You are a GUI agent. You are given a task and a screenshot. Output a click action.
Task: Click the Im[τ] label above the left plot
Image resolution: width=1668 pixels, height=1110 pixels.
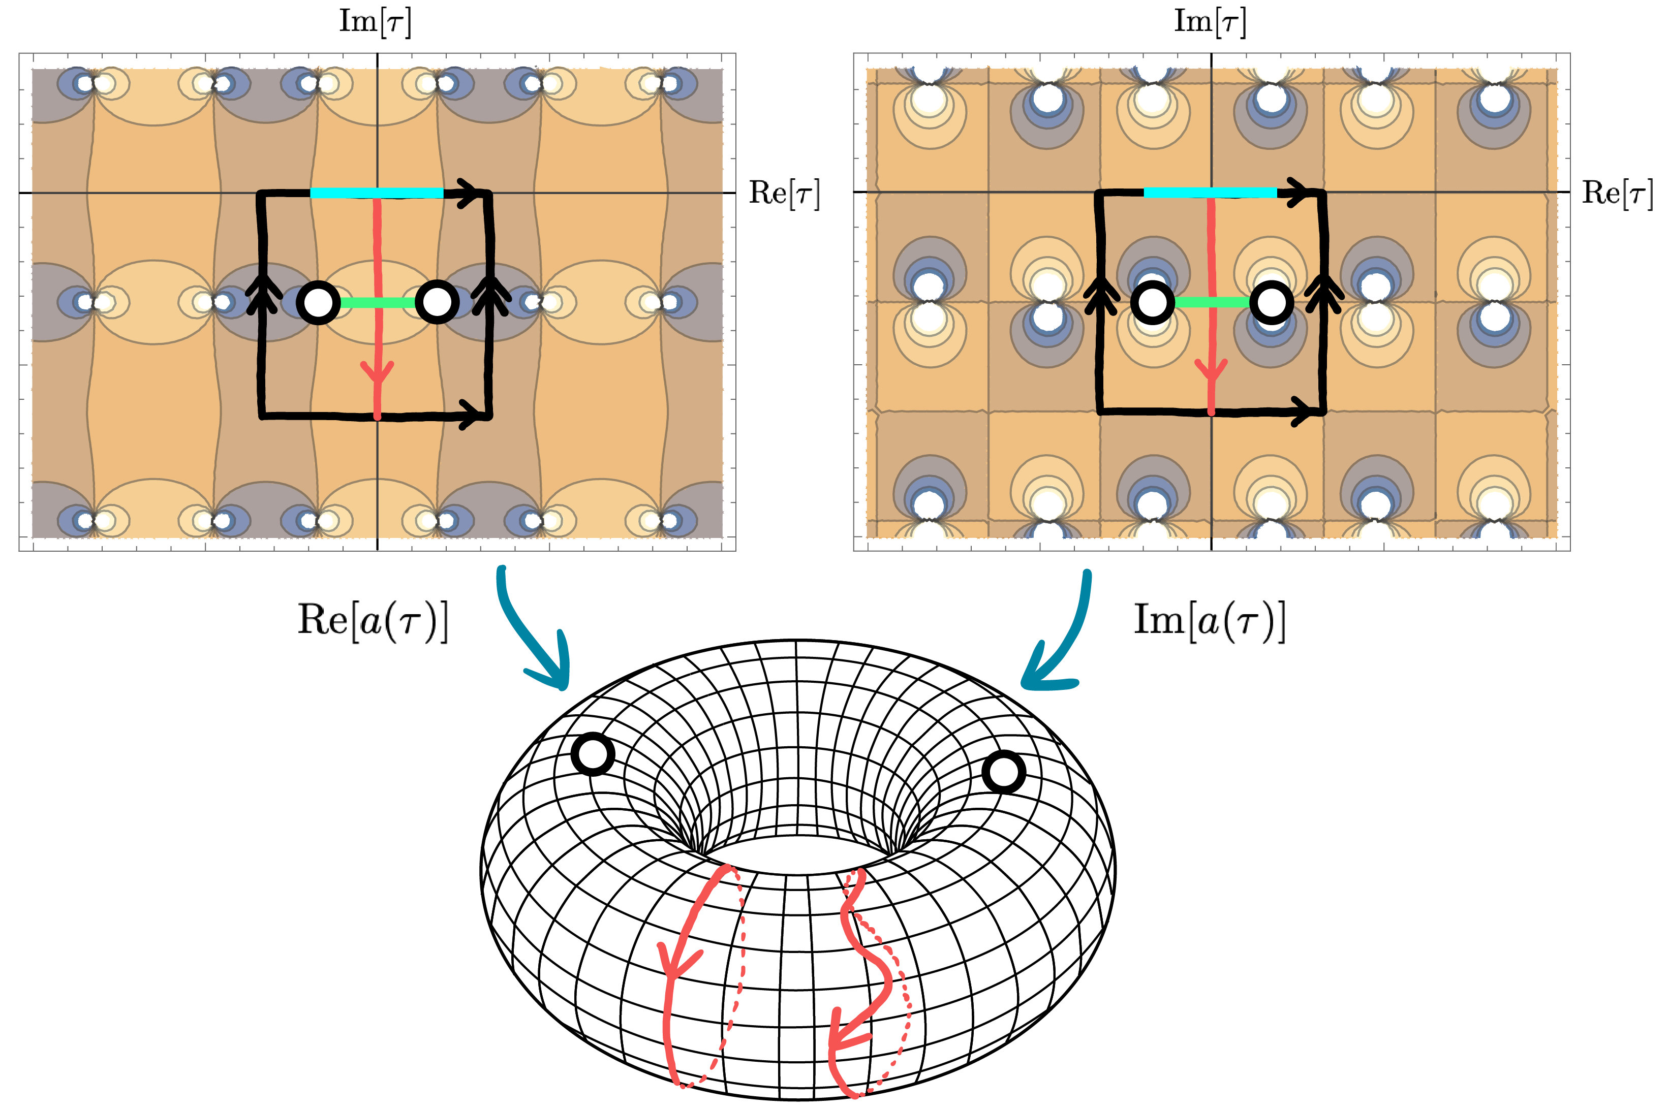375,21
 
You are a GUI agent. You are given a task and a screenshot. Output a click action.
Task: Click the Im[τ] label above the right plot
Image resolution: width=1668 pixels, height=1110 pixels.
1210,21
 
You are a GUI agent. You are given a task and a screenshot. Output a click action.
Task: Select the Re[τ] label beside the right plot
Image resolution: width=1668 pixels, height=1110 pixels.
1618,193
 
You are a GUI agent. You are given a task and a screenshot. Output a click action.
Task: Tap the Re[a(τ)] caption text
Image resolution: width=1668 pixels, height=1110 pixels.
373,620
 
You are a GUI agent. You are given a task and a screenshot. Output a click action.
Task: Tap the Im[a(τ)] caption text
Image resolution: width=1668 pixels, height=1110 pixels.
1210,620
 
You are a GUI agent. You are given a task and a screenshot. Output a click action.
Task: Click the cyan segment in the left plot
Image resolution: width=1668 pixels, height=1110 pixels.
377,193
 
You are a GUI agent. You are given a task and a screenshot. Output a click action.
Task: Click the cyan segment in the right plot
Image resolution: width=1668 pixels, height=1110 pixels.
1210,193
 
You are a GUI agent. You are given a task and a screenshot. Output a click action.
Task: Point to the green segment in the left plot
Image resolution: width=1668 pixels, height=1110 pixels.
378,303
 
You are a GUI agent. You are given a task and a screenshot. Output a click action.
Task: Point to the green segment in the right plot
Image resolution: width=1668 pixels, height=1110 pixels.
1211,302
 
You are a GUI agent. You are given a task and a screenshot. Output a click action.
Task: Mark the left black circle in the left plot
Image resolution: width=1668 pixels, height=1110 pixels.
318,303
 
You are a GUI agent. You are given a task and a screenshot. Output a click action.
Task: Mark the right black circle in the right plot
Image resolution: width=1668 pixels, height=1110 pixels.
1272,303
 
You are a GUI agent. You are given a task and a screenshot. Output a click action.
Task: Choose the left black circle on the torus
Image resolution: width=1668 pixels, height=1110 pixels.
592,754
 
